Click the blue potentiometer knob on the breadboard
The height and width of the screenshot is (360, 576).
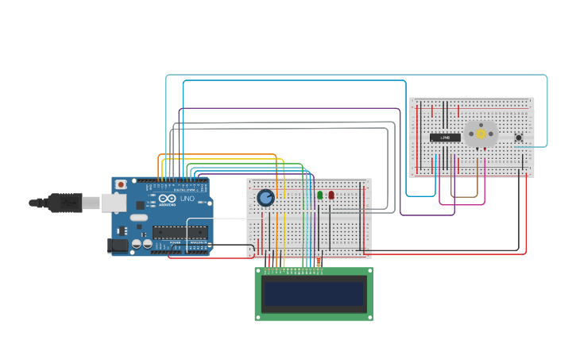tap(265, 197)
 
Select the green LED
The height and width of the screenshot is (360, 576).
tap(320, 195)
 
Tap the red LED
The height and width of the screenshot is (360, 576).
tap(331, 195)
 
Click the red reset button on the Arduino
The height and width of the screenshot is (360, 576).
tap(121, 185)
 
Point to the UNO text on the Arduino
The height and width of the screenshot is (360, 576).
tap(187, 199)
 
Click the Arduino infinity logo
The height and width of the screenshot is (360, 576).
tap(164, 199)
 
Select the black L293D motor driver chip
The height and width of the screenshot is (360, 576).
tap(445, 137)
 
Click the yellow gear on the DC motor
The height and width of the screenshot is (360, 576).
tap(481, 134)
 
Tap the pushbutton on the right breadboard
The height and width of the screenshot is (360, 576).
tap(519, 137)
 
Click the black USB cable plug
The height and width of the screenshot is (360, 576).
tap(64, 203)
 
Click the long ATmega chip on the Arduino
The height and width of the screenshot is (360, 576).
tap(180, 232)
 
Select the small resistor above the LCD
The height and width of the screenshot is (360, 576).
tap(319, 261)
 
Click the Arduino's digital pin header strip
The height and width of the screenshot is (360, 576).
tap(179, 182)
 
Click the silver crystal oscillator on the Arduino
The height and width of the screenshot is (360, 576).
tap(139, 217)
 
